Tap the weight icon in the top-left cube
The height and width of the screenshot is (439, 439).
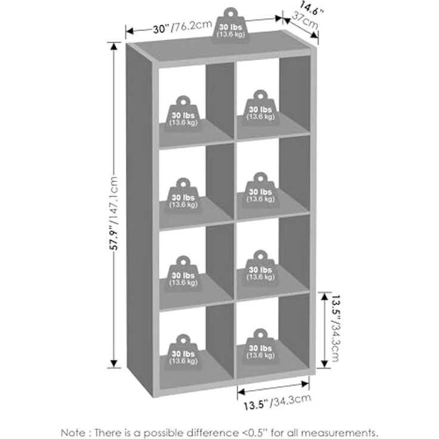(183, 113)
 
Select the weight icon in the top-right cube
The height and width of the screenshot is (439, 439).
(261, 107)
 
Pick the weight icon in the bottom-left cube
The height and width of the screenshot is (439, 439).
(183, 352)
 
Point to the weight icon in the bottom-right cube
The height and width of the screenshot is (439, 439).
(261, 346)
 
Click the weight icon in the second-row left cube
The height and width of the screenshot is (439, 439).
(183, 196)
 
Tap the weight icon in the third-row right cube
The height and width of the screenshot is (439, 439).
(261, 268)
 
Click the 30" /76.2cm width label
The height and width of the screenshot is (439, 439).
(183, 27)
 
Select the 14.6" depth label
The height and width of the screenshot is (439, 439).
(311, 9)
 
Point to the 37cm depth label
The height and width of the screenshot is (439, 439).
(305, 20)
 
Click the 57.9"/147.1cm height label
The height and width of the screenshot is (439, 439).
(114, 213)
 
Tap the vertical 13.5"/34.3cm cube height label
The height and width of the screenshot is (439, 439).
(335, 328)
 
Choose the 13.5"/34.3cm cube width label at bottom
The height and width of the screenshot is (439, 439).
(277, 402)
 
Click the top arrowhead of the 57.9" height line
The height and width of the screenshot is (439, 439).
(114, 47)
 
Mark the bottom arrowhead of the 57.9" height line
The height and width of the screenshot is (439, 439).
(114, 363)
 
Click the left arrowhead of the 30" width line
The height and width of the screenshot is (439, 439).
(129, 30)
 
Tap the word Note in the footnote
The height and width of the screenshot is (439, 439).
(73, 432)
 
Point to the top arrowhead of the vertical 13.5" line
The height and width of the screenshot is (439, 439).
(324, 296)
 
